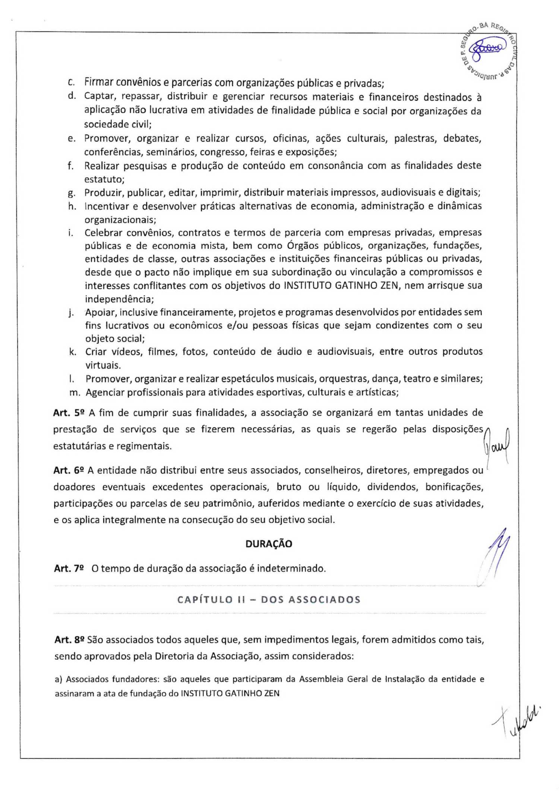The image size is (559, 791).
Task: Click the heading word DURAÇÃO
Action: click(x=269, y=544)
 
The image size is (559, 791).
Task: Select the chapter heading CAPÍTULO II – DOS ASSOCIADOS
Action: click(x=269, y=600)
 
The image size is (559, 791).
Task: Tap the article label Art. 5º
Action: click(x=69, y=413)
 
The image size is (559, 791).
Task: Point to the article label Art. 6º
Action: click(x=69, y=470)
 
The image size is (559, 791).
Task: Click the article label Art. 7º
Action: click(x=69, y=568)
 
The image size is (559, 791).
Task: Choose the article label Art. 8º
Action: click(x=69, y=640)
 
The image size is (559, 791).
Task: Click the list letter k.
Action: click(x=72, y=352)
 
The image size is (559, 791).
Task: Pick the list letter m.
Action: click(x=74, y=392)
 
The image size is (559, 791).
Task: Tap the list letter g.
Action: click(x=72, y=193)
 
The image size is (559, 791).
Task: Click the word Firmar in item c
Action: click(x=98, y=82)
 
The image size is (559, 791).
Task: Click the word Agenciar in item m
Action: click(x=105, y=392)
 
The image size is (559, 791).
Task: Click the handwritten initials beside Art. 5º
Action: click(x=496, y=445)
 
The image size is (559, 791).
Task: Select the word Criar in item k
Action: click(x=96, y=352)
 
